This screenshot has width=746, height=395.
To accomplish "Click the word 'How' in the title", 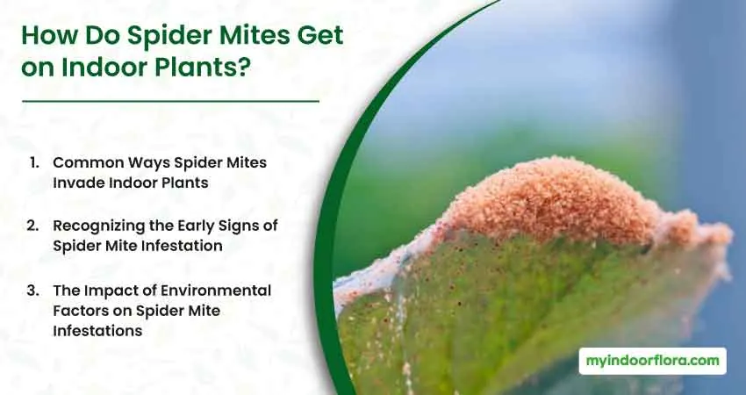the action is (x=49, y=36).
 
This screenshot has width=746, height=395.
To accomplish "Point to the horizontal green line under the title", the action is (x=170, y=101).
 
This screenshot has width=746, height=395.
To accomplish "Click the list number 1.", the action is (x=33, y=162).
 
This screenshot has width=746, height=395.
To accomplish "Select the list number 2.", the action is (x=32, y=225).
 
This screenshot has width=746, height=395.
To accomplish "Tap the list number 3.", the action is (x=32, y=290).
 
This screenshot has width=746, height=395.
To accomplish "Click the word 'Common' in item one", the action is (x=82, y=162).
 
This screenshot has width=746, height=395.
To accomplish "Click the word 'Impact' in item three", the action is (x=104, y=291).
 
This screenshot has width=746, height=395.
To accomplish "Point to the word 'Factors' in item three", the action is (x=81, y=311).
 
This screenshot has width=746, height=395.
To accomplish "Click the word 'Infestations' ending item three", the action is (x=97, y=331).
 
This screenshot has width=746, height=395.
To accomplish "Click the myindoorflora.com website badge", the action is (x=652, y=361).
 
